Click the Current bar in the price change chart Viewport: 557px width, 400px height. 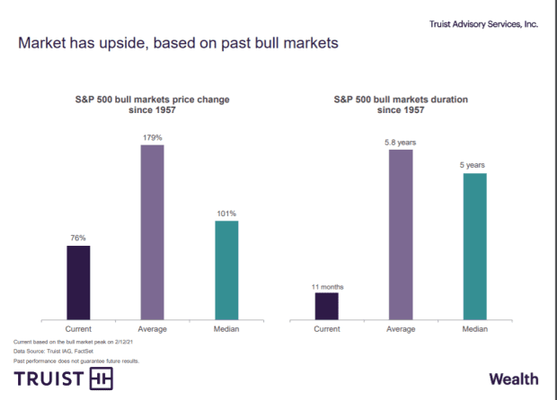(x=78, y=282)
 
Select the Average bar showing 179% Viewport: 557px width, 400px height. (x=153, y=231)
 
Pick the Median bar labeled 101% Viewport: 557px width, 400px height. (x=226, y=269)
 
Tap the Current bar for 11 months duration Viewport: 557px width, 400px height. (x=327, y=305)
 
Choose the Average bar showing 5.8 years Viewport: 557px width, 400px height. (x=401, y=234)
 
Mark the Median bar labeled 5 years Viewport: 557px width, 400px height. (x=474, y=246)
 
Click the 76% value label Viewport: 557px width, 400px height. (x=78, y=239)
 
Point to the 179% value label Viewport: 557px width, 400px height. (x=153, y=137)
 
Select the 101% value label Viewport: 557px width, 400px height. (x=226, y=213)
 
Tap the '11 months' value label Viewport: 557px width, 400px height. (x=327, y=286)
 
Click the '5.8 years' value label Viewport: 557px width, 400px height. (x=401, y=143)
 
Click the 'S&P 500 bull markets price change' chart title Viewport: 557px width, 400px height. (x=152, y=102)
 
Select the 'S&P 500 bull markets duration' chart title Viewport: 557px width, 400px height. (x=400, y=102)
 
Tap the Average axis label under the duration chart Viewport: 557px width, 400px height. (x=401, y=329)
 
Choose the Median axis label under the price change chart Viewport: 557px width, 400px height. (x=226, y=329)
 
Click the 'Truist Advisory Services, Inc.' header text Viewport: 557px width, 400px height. (x=484, y=24)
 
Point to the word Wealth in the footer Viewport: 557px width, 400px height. (x=513, y=378)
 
